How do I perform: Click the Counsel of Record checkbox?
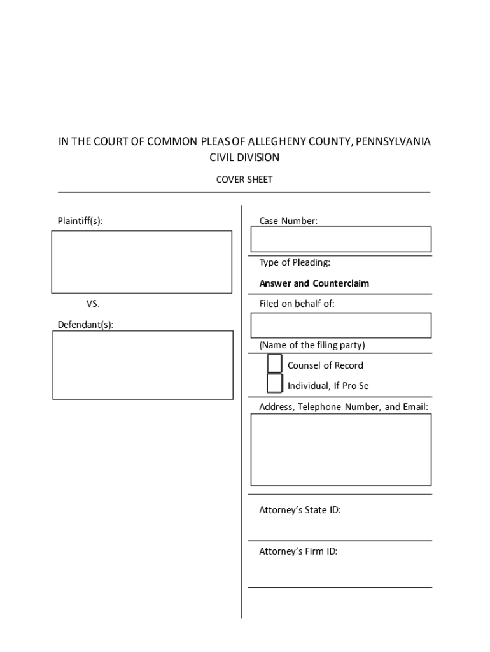coord(274,364)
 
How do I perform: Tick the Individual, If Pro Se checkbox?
coord(274,383)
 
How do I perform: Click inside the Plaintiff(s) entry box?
coord(141,262)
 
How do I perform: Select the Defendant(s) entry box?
coord(143,365)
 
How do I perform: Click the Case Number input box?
coord(340,239)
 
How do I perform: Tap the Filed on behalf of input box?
coord(340,325)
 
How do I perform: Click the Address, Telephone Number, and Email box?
coord(340,450)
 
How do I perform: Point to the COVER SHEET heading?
coord(244,180)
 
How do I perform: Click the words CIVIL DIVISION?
coord(244,157)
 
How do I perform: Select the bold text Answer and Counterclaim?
coord(314,283)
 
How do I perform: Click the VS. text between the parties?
coord(93,304)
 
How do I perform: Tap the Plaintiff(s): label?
coord(80,221)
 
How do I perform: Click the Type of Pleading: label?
coord(294,262)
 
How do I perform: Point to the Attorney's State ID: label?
coord(299,510)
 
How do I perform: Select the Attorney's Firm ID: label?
coord(298,551)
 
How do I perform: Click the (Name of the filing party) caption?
coord(312,345)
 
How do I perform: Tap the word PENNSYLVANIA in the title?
coord(393,141)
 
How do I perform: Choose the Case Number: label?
coord(288,221)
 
